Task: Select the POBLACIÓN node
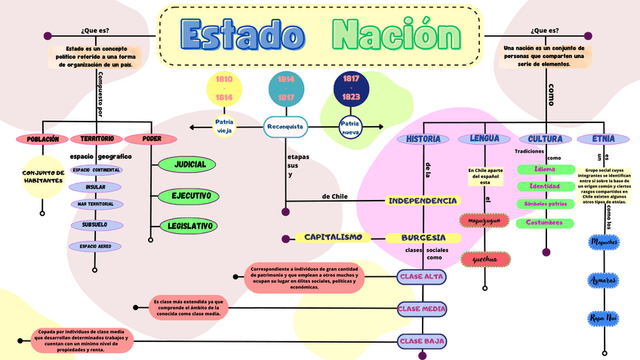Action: [42, 139]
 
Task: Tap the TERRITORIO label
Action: [97, 139]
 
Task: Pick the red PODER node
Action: [152, 139]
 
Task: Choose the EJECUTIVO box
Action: [189, 196]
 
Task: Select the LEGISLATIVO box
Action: [189, 226]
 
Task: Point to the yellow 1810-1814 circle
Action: [224, 88]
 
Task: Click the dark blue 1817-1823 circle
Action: [351, 88]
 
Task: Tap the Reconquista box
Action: [286, 127]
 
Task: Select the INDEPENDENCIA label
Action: [423, 201]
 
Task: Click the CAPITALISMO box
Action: [334, 237]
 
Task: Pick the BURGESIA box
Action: [423, 237]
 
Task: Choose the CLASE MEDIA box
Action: [423, 308]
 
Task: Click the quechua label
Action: [485, 260]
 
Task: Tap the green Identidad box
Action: [544, 186]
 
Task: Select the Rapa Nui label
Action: [605, 318]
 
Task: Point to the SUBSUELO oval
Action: [95, 225]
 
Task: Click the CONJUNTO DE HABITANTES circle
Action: [42, 177]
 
